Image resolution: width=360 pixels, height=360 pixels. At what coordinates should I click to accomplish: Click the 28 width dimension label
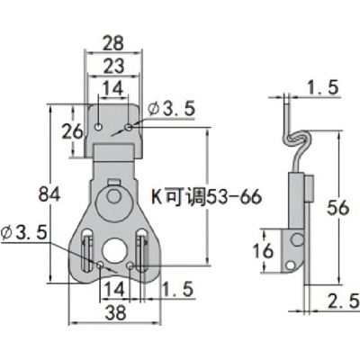tap(113, 43)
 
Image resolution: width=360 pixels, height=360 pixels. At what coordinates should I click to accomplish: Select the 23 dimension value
tap(113, 66)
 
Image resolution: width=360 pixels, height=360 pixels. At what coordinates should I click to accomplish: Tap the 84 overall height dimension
tap(49, 193)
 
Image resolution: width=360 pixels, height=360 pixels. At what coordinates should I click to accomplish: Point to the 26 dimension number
tap(72, 131)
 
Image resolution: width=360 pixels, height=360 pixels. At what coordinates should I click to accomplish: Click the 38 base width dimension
tap(116, 312)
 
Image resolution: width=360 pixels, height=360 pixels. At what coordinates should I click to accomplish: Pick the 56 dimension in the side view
tap(338, 208)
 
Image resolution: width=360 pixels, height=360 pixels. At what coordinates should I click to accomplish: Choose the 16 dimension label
tap(263, 250)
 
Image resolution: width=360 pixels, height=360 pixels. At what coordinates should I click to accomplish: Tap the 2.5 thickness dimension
tap(343, 301)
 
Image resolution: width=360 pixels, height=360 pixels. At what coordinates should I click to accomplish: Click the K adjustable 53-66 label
tap(207, 197)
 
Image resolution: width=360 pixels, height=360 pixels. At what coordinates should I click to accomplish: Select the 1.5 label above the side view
tap(322, 87)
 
